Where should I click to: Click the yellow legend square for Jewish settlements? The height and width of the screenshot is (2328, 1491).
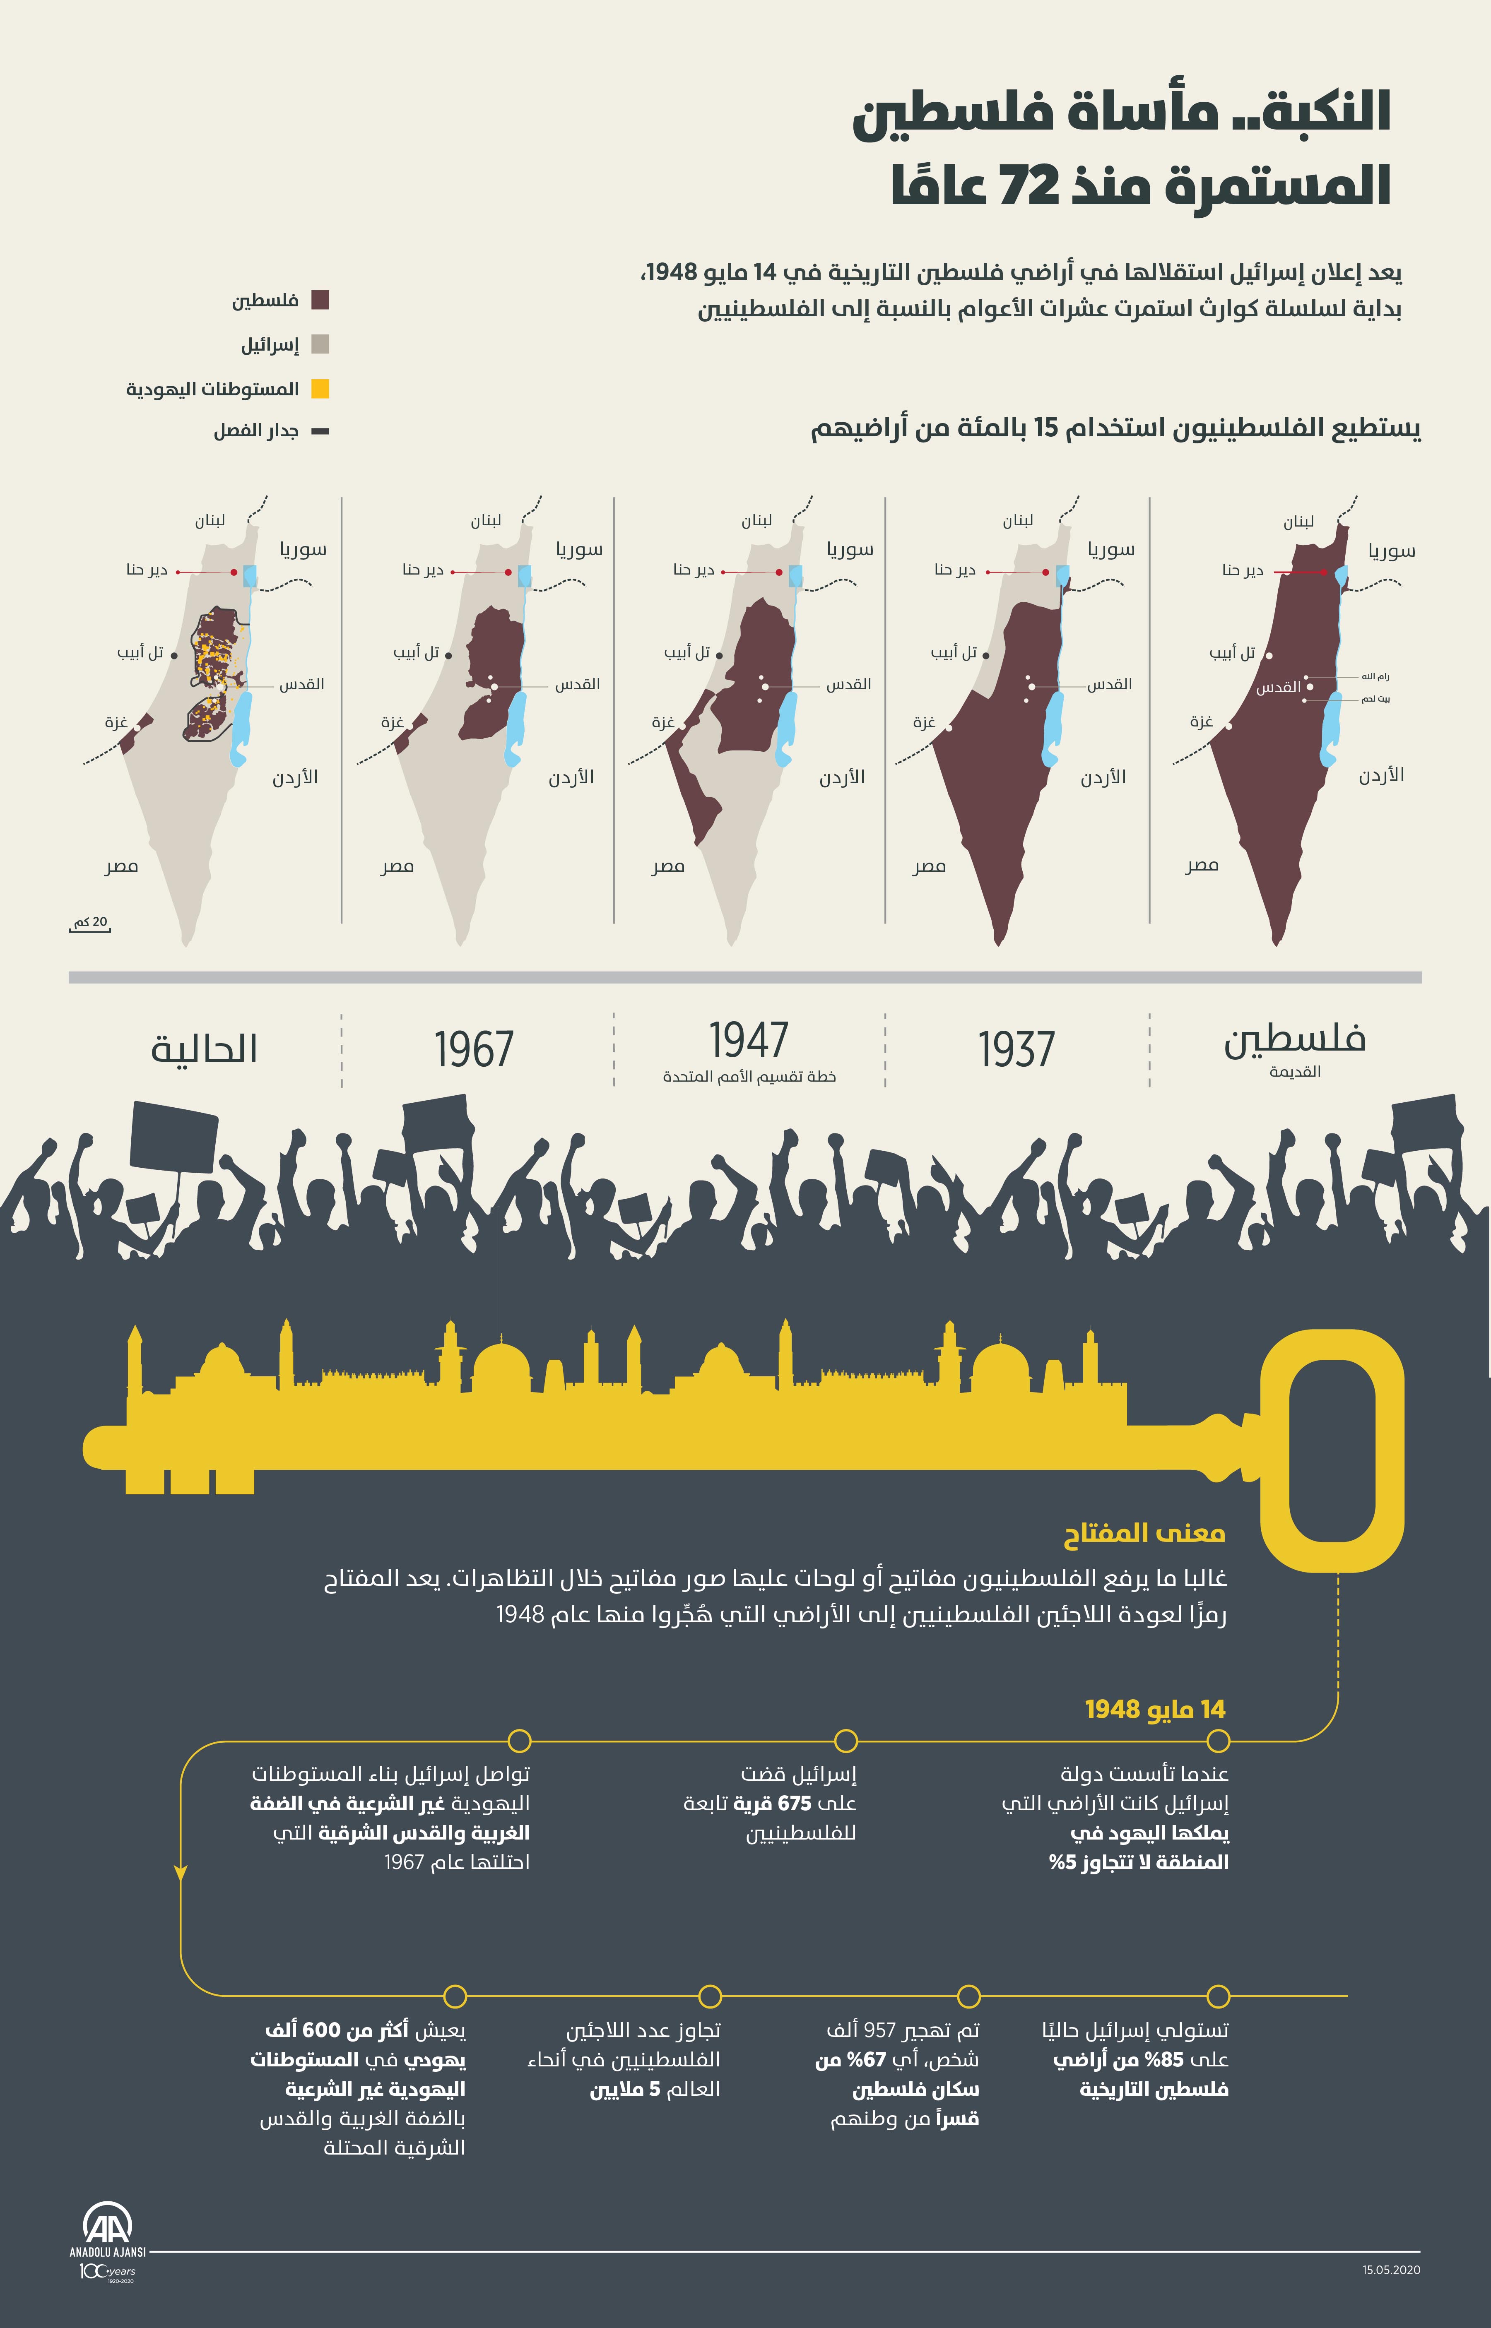(320, 389)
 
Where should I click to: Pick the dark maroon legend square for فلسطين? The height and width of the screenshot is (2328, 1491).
(320, 300)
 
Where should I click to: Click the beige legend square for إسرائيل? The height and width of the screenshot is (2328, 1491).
(320, 344)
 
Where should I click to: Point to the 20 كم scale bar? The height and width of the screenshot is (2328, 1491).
(90, 926)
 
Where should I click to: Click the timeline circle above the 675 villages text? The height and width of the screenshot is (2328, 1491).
(845, 1741)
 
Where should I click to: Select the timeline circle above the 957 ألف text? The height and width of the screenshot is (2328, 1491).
(968, 1996)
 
